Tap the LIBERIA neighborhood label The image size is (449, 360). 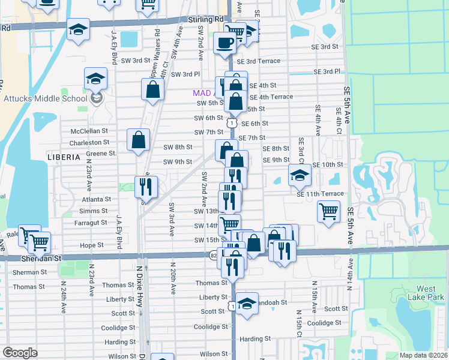[63, 157]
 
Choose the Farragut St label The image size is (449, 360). [88, 223]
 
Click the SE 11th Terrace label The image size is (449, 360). [320, 194]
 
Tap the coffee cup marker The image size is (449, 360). [225, 43]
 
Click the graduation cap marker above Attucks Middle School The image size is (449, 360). [95, 79]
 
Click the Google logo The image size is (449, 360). [20, 353]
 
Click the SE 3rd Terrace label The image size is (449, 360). [258, 61]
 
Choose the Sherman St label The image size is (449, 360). [29, 272]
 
